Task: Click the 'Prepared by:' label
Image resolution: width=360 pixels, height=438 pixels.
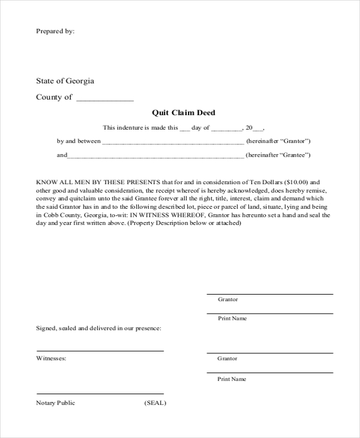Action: tap(55, 31)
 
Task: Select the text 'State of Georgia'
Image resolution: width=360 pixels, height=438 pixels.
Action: tap(65, 81)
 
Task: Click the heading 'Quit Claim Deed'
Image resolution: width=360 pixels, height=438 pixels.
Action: tap(184, 113)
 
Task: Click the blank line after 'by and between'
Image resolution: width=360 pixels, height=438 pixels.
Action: tap(173, 143)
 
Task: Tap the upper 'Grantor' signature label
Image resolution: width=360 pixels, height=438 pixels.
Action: tap(227, 299)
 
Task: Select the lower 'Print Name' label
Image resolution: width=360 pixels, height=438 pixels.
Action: tap(232, 379)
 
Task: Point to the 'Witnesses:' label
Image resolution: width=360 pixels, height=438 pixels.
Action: tap(51, 358)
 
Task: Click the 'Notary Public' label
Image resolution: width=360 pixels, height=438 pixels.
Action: tap(56, 403)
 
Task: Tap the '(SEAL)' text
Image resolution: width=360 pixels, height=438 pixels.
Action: tap(155, 403)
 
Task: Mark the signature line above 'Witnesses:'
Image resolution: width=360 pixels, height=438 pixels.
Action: tap(100, 350)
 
